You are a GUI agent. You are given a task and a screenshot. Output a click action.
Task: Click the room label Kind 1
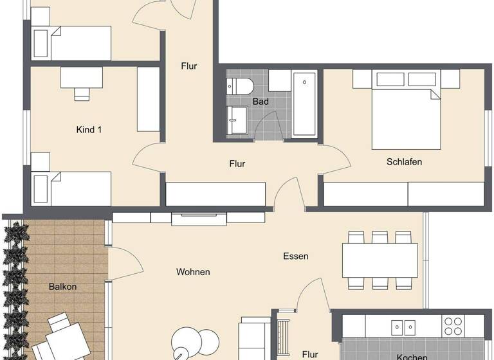[89, 130]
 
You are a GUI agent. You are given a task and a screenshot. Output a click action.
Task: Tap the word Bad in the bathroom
[261, 102]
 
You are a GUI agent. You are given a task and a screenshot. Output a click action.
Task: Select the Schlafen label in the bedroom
[405, 162]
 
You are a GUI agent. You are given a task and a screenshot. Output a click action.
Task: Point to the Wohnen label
[193, 272]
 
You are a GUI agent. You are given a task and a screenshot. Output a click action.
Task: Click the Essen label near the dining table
[296, 256]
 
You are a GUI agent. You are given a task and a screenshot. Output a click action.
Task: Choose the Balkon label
[62, 286]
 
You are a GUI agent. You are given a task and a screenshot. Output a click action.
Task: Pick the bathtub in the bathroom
[304, 104]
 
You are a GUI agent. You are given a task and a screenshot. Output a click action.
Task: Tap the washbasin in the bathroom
[237, 120]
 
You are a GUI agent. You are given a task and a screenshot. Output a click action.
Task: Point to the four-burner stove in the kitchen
[453, 325]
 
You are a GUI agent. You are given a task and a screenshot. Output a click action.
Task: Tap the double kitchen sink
[400, 325]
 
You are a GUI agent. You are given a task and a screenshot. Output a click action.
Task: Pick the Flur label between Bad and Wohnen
[237, 164]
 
